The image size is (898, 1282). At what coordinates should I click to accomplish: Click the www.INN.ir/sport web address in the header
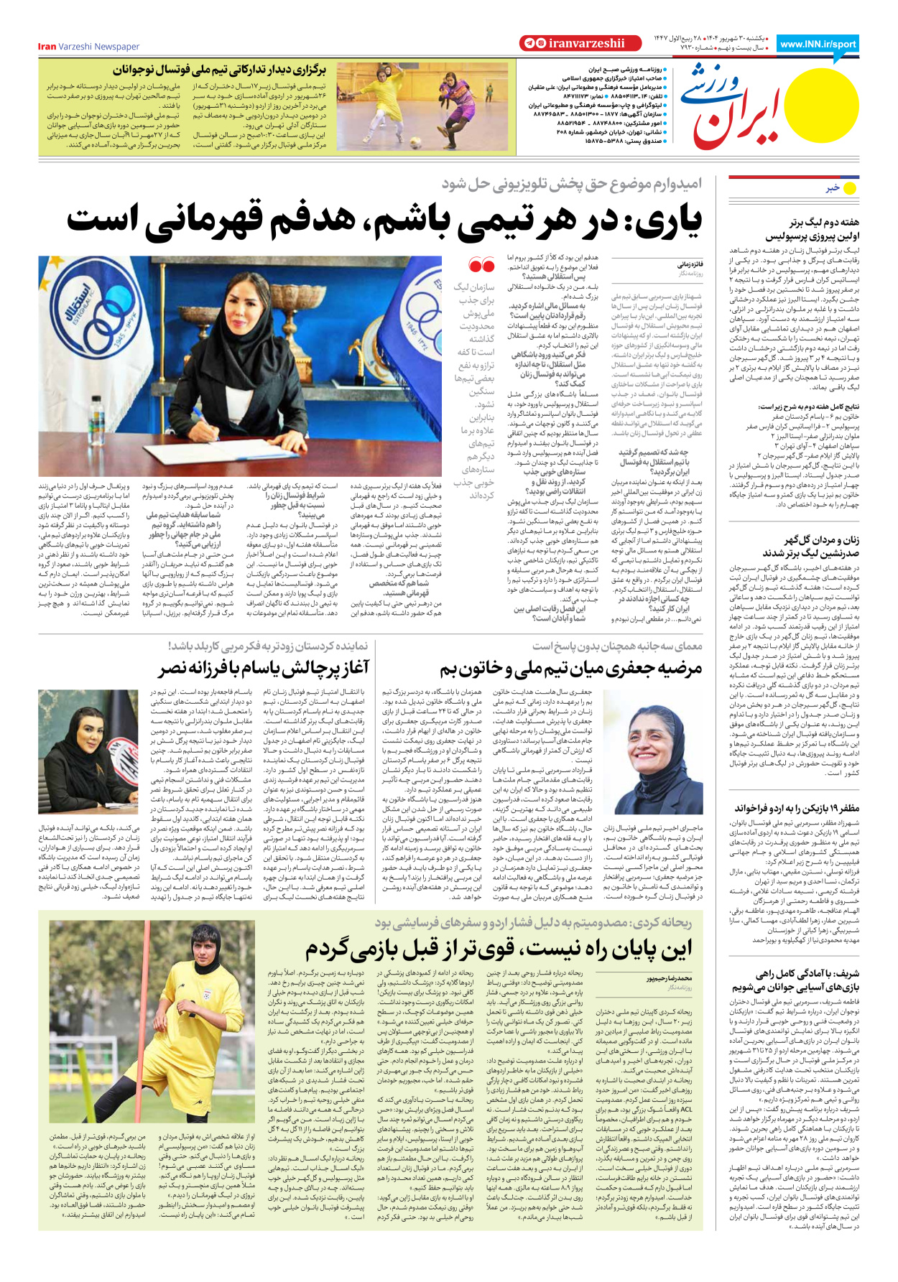[x=818, y=44]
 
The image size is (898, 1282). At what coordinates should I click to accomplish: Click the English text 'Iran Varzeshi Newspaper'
[x=88, y=47]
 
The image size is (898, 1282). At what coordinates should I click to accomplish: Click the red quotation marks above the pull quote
[x=481, y=266]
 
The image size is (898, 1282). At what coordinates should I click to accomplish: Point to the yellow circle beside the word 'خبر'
[x=850, y=188]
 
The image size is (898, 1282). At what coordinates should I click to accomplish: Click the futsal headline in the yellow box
[x=218, y=70]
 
